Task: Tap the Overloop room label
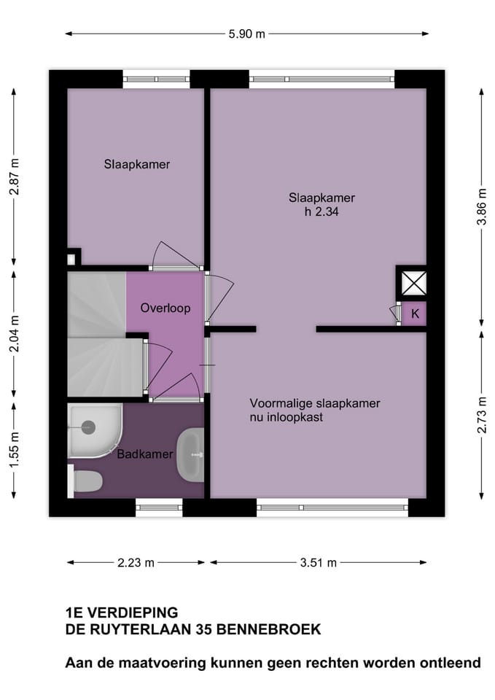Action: point(165,308)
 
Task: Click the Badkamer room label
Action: point(146,454)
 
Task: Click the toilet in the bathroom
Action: point(86,482)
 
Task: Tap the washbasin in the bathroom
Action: point(192,454)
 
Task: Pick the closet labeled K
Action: point(415,314)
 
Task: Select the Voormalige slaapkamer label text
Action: point(315,403)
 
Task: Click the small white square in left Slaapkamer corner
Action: point(71,258)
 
